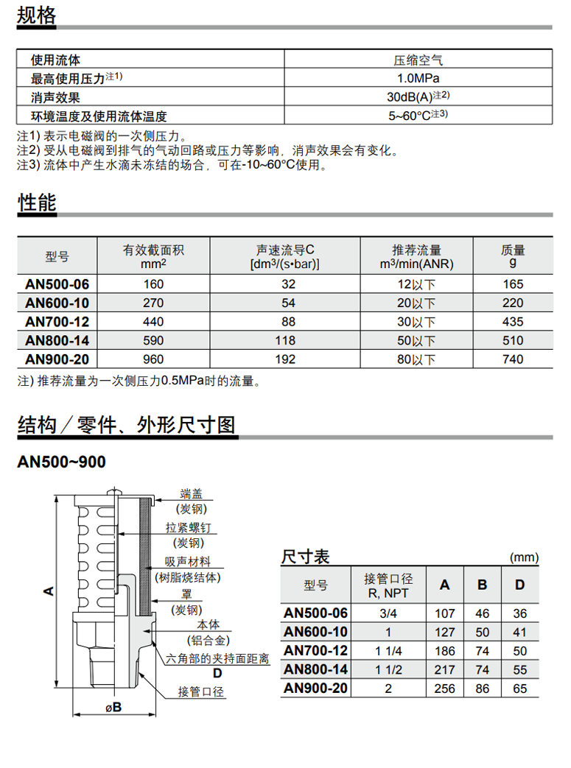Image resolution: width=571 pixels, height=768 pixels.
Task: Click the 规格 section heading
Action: [36, 15]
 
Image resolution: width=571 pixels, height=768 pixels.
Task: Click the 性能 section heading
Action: [36, 202]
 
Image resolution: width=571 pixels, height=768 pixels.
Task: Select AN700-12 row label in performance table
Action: [57, 322]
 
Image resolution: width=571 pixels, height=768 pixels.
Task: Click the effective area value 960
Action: [154, 359]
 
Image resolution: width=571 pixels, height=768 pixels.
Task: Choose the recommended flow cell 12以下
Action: [417, 284]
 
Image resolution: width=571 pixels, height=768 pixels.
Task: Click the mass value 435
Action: [513, 322]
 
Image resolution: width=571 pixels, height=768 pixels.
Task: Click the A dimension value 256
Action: [445, 689]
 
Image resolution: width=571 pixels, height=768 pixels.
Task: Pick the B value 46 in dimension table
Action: [483, 613]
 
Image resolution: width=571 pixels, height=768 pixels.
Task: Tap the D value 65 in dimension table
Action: [520, 689]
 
